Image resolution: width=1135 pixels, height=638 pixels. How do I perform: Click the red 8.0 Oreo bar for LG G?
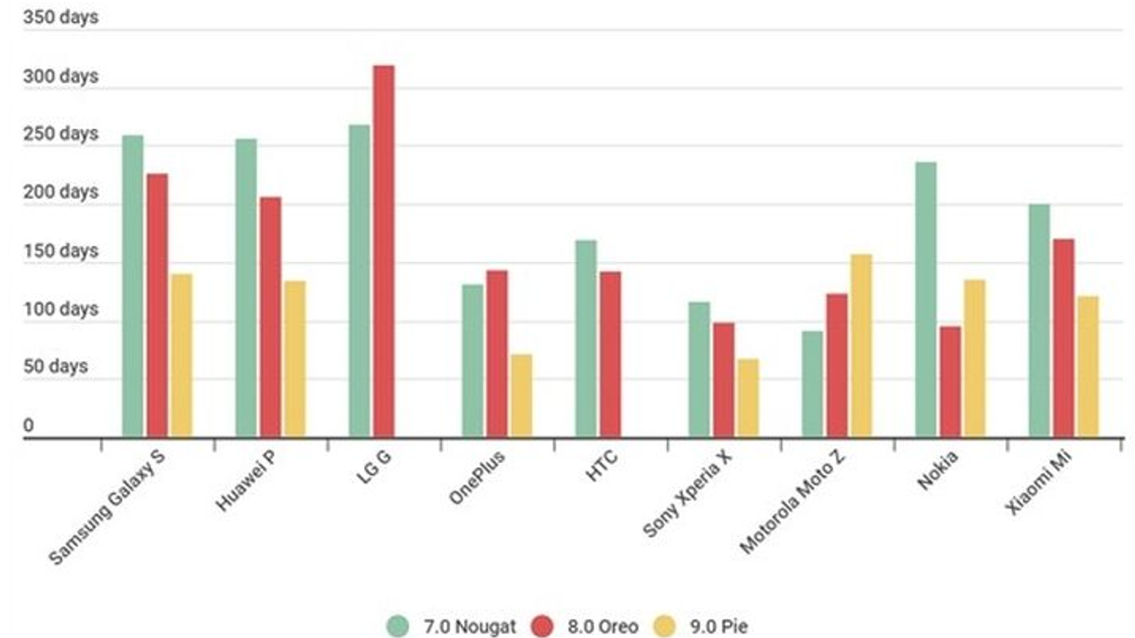(x=384, y=251)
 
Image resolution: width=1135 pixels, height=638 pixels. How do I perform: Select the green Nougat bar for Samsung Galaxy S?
(x=133, y=286)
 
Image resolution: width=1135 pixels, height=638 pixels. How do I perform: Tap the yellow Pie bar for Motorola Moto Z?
(x=861, y=345)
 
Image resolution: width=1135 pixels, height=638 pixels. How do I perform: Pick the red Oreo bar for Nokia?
(x=950, y=381)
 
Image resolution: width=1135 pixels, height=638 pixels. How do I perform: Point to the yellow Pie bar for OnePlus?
(x=521, y=395)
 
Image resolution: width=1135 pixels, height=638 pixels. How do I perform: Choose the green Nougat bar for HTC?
(x=586, y=338)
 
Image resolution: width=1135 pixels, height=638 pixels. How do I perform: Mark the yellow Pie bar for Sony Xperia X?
(x=748, y=397)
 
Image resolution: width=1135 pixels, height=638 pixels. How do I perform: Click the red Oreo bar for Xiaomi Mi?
(x=1063, y=337)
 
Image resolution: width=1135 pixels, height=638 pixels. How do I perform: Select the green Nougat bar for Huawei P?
(x=246, y=287)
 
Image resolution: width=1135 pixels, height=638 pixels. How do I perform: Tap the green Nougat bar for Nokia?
(x=926, y=299)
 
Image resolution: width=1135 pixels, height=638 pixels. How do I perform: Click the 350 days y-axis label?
(x=60, y=17)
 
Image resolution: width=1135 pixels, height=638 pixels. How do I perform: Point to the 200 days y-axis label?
(x=60, y=191)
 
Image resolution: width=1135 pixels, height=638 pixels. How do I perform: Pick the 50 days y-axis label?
(x=55, y=366)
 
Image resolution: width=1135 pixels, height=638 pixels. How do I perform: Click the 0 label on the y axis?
(x=28, y=425)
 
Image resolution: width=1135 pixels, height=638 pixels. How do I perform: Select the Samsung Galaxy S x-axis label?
(x=106, y=508)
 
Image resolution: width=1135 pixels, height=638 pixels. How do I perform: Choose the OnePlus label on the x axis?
(x=477, y=478)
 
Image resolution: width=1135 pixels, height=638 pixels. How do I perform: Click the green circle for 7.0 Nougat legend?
(x=398, y=626)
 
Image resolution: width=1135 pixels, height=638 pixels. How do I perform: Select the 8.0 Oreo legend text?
(x=602, y=627)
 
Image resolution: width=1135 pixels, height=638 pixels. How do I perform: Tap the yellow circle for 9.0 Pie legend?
(x=665, y=626)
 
